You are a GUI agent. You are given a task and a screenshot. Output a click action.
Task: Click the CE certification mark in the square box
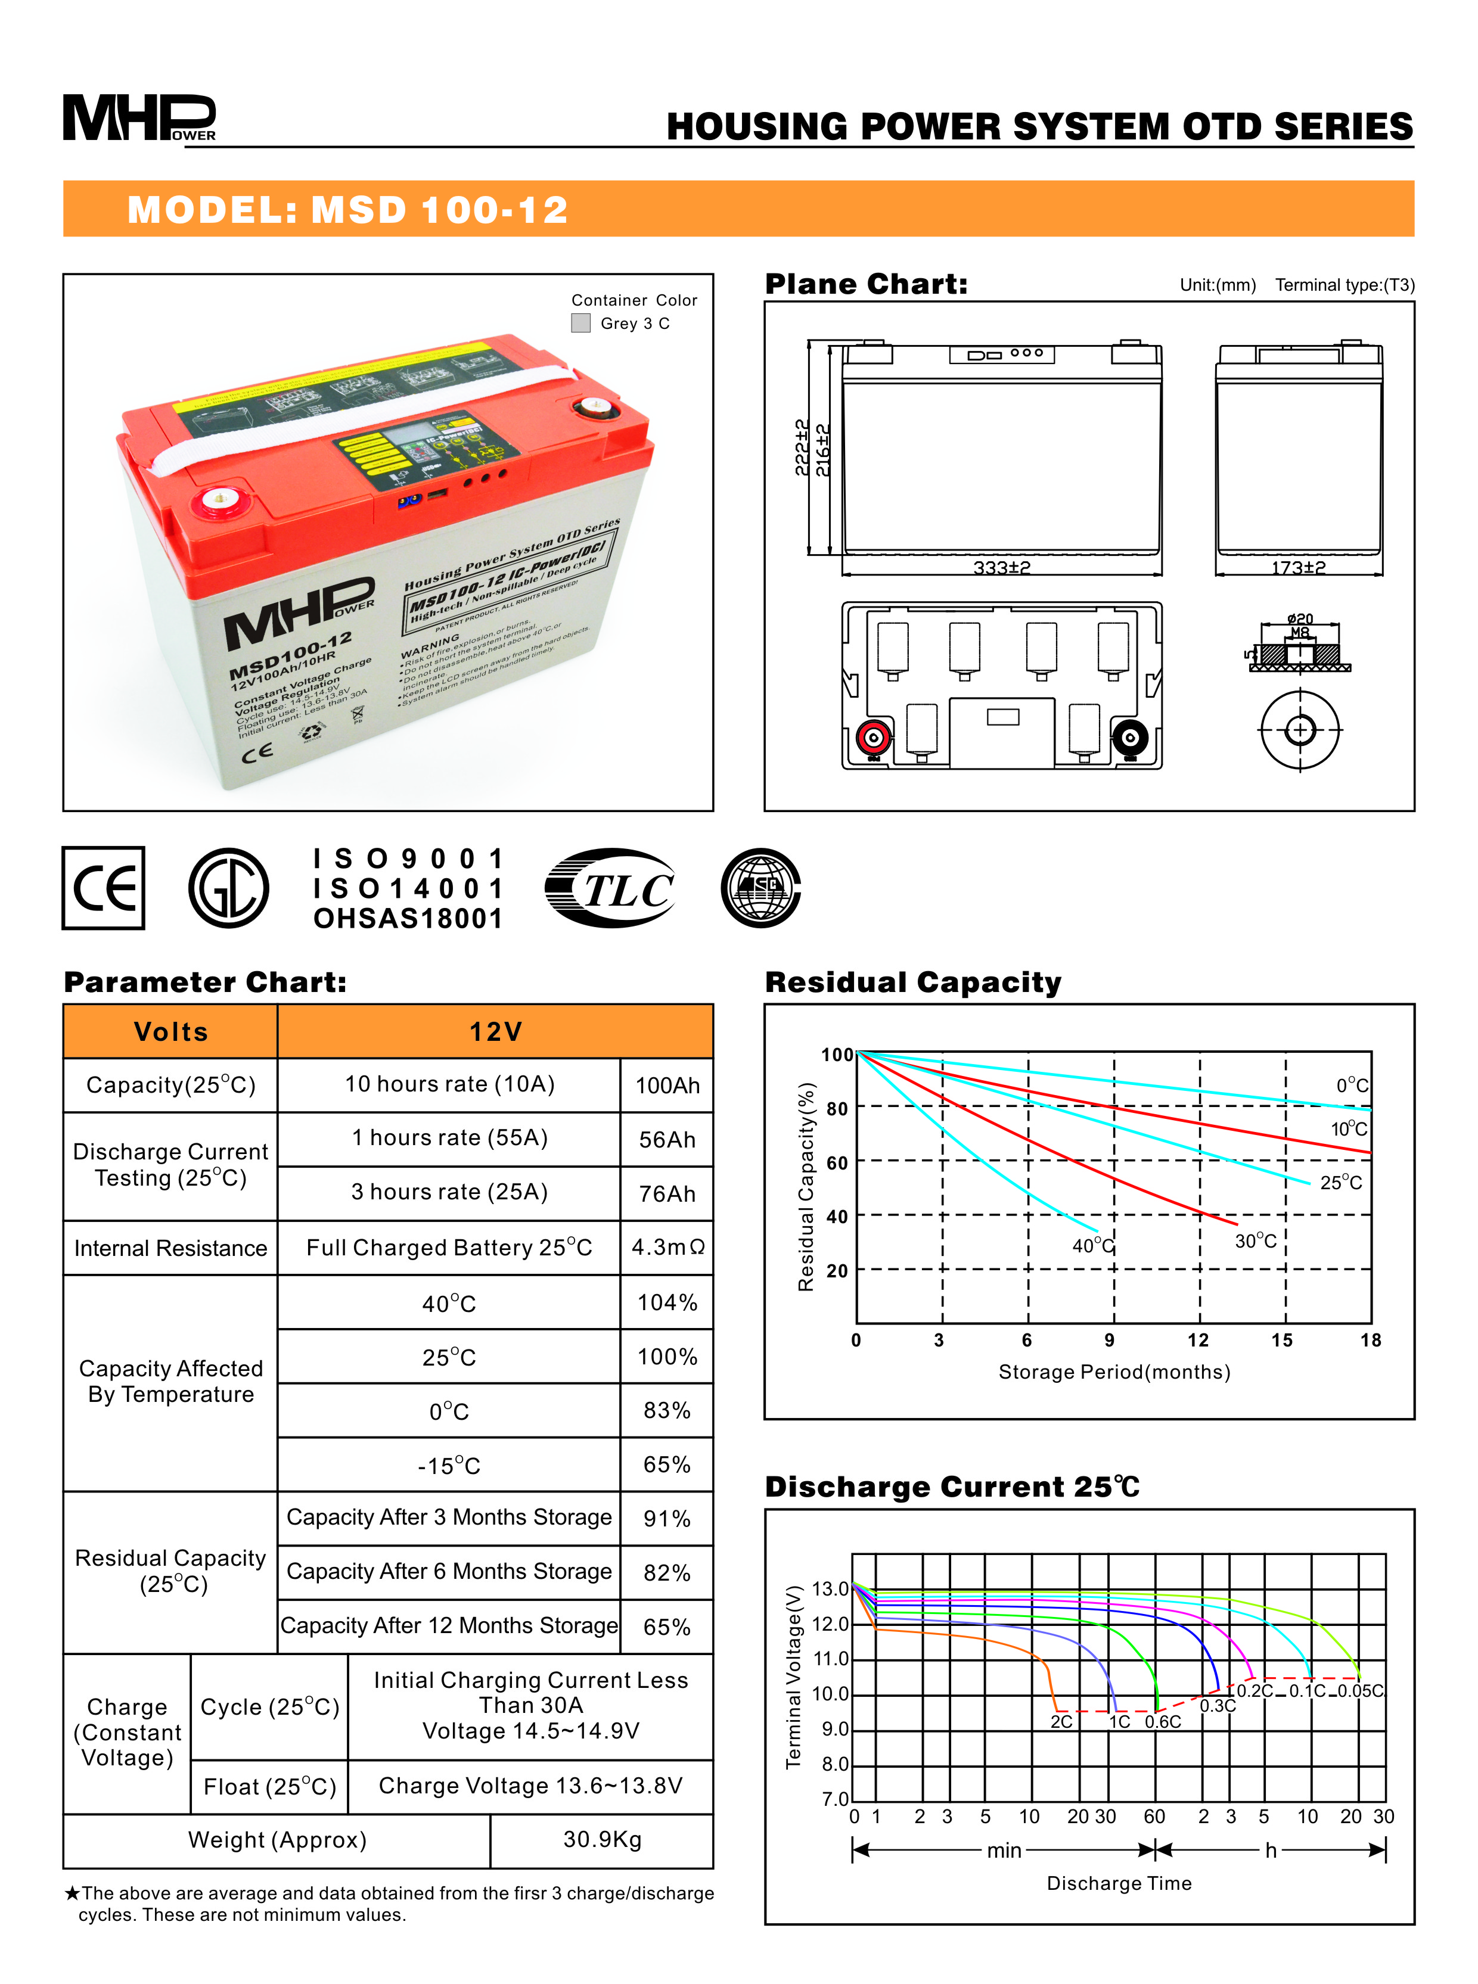point(103,888)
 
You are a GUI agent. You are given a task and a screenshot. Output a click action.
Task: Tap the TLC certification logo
point(610,888)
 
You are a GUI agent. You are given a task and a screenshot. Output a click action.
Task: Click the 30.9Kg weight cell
point(602,1839)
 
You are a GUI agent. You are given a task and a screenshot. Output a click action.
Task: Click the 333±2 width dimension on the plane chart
point(1001,568)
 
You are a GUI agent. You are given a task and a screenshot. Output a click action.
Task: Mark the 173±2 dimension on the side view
point(1298,568)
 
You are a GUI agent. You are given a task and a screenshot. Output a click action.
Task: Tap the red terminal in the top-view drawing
point(872,738)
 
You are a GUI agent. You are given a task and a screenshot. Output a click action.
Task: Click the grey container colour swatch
point(580,323)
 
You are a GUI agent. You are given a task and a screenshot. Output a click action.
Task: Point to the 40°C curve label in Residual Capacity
point(1092,1245)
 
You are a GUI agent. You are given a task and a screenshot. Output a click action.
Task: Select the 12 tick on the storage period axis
point(1198,1340)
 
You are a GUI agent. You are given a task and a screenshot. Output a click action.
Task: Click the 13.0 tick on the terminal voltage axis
point(830,1588)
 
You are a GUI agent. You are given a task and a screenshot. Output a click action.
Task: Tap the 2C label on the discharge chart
point(1061,1722)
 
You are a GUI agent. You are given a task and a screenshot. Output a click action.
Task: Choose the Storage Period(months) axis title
point(1114,1372)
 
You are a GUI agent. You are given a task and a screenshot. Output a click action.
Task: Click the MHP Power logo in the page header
point(139,118)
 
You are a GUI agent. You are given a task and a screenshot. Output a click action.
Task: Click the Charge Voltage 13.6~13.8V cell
point(530,1786)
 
